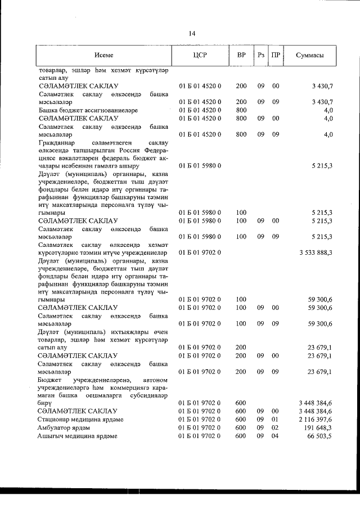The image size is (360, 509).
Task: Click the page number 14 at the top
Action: coord(192,34)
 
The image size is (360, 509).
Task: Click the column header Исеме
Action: coord(104,55)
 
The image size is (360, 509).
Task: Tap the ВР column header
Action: coord(241,55)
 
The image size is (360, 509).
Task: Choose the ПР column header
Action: coord(276,55)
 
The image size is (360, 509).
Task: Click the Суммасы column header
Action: coord(309,55)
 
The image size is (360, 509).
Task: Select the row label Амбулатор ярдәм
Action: coord(65,427)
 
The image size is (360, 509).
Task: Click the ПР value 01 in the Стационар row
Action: coord(276,419)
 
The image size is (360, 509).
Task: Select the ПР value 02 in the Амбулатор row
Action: coord(276,427)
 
